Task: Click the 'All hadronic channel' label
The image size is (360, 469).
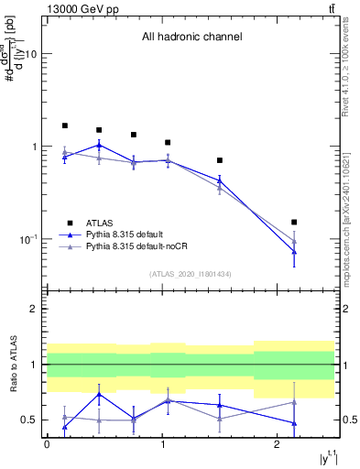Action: pyautogui.click(x=191, y=38)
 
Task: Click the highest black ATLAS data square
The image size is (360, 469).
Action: pyautogui.click(x=65, y=125)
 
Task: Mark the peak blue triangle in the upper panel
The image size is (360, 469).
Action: pyautogui.click(x=99, y=145)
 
